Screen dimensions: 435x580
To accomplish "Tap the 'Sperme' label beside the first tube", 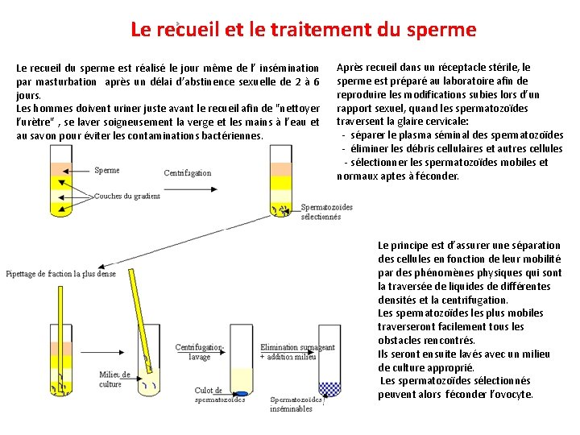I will pyautogui.click(x=106, y=170).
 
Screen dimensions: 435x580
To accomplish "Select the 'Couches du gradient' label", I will pyautogui.click(x=126, y=196).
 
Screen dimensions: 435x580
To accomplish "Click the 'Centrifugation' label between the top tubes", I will pyautogui.click(x=187, y=172).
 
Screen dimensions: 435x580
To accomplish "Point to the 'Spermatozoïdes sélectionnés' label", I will pyautogui.click(x=326, y=212).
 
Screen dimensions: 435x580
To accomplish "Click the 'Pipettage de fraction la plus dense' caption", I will pyautogui.click(x=61, y=274).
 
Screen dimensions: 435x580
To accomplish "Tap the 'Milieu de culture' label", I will pyautogui.click(x=114, y=379).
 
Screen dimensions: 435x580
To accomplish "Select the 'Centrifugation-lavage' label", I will pyautogui.click(x=199, y=352).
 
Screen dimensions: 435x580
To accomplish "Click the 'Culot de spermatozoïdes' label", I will pyautogui.click(x=219, y=395).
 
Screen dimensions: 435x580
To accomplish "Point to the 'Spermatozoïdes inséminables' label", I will pyautogui.click(x=296, y=404).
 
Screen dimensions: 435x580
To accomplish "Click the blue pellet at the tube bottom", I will pyautogui.click(x=240, y=392).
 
